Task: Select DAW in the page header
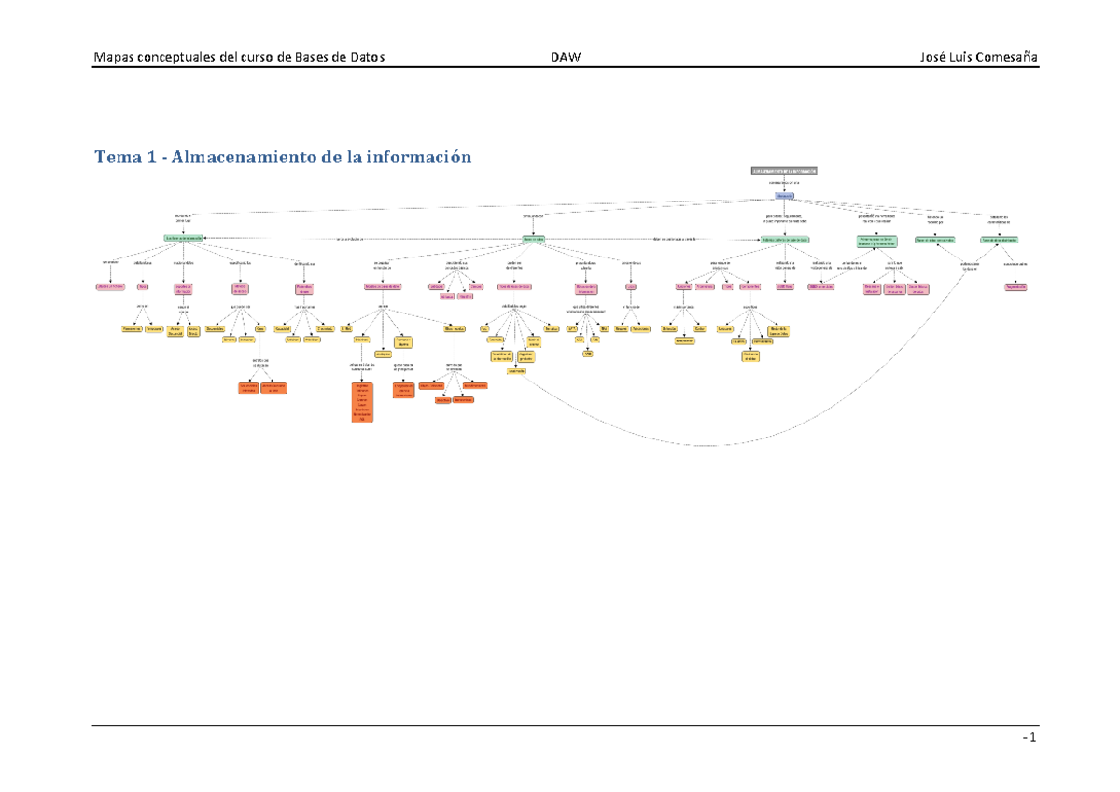(x=566, y=58)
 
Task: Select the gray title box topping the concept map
(x=784, y=171)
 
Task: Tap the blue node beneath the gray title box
(x=784, y=196)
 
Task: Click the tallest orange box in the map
(x=362, y=401)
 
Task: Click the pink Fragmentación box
(x=1015, y=287)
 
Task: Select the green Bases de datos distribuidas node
(x=999, y=240)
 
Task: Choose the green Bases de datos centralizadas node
(x=932, y=240)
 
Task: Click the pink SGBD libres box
(x=784, y=287)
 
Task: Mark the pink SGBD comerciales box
(x=821, y=287)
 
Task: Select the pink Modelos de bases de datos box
(x=382, y=286)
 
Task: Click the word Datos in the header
(x=364, y=58)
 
